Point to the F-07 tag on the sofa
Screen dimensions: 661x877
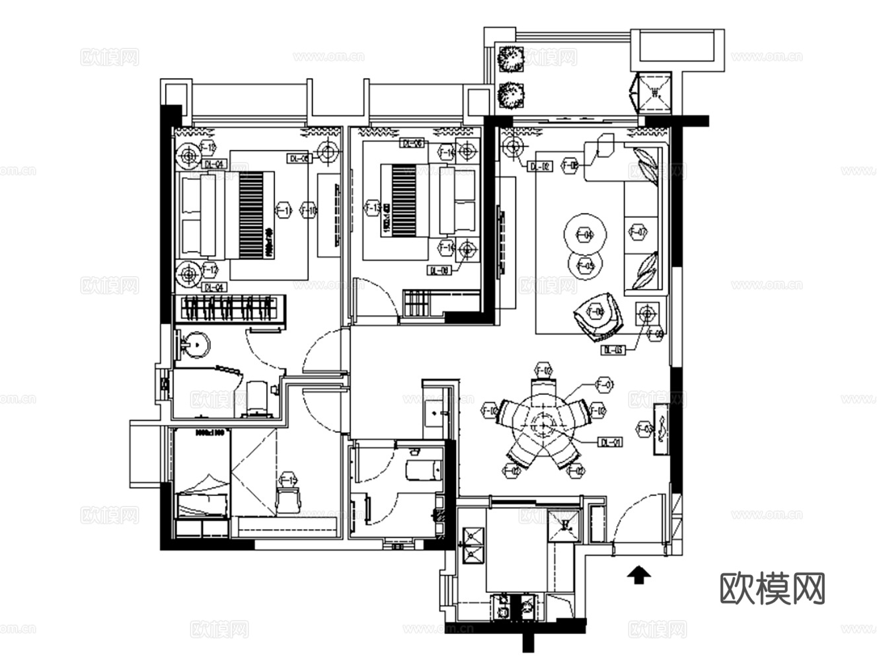tap(638, 232)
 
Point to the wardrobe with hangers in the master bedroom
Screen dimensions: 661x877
tap(230, 309)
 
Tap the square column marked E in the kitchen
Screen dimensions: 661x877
tap(566, 525)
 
